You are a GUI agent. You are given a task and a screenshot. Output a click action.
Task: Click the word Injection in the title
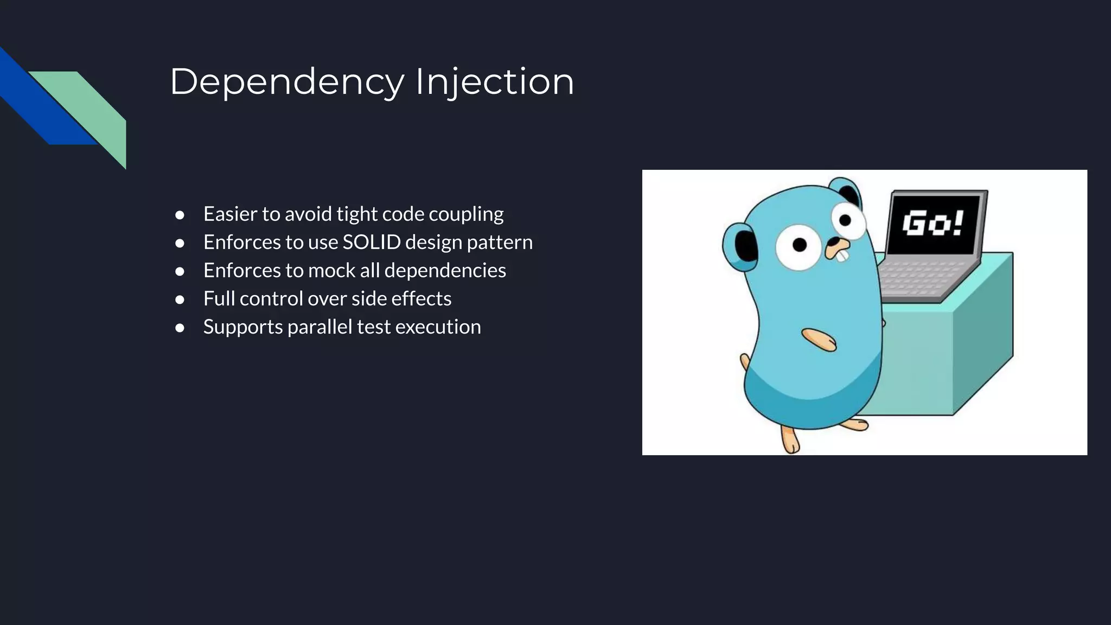(x=494, y=82)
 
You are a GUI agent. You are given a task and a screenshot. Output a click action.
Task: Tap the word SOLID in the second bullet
(x=372, y=242)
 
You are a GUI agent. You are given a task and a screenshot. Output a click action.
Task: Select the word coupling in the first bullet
(x=466, y=214)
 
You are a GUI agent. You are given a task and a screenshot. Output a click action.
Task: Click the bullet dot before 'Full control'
(x=180, y=299)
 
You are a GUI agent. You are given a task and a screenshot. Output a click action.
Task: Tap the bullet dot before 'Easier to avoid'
(x=180, y=215)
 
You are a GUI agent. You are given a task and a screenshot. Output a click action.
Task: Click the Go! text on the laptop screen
(x=933, y=223)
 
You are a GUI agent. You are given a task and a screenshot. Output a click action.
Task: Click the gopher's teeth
(x=842, y=255)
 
